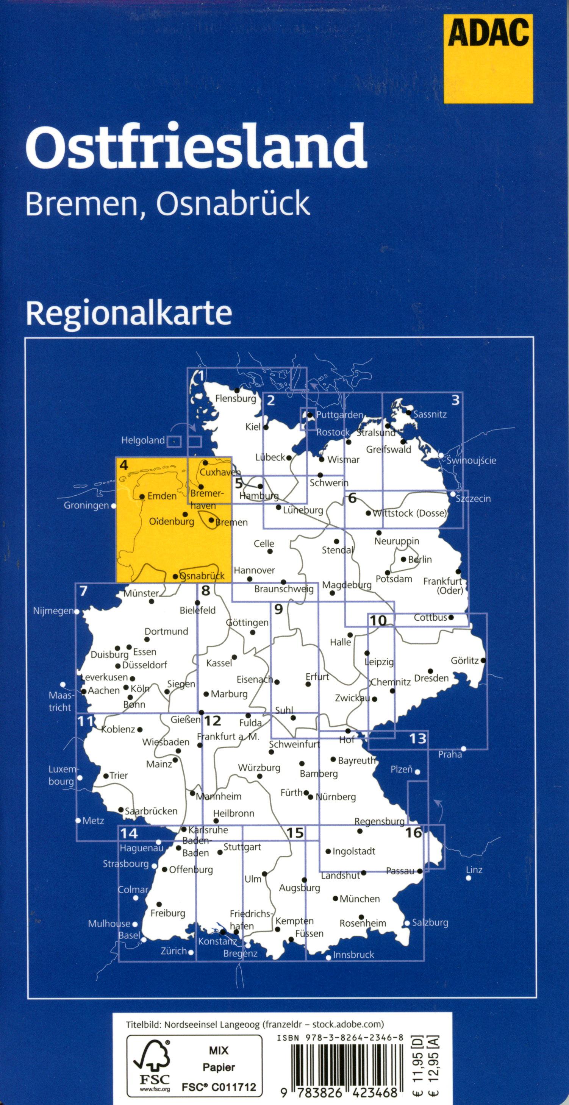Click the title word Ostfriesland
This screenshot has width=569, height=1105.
196,146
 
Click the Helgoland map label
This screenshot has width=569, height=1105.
143,440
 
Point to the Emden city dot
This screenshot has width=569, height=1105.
142,496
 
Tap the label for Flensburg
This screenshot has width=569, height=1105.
236,398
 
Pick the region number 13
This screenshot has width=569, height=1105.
417,738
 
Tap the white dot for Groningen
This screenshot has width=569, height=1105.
114,506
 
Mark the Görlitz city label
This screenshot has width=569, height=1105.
464,661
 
